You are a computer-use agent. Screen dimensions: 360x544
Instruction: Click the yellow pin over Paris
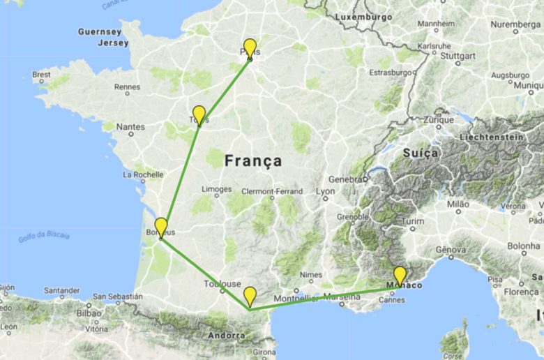(250, 48)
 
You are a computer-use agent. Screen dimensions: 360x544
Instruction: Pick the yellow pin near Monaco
(400, 276)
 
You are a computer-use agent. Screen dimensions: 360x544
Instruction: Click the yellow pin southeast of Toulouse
(250, 296)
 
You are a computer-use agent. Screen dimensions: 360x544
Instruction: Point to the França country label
(253, 161)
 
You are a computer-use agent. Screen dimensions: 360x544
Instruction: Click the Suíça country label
(421, 152)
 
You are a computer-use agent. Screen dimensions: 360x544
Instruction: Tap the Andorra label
(227, 336)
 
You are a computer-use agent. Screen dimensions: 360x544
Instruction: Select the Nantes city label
(131, 126)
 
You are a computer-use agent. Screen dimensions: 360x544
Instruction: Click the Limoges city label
(216, 189)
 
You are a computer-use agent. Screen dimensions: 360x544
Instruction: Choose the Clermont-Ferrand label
(272, 191)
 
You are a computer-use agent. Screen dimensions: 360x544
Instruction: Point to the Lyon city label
(326, 190)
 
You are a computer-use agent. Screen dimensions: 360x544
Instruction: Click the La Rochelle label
(144, 174)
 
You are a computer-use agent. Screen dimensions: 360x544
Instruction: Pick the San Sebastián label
(117, 297)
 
